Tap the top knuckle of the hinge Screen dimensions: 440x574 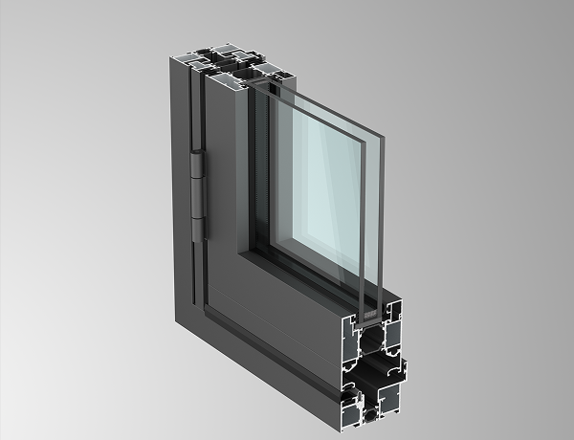[x=197, y=167]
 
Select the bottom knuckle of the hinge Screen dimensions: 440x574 [x=197, y=227]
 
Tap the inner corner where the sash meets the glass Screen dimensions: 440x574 [x=251, y=253]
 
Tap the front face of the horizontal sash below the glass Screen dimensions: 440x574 [x=287, y=301]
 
